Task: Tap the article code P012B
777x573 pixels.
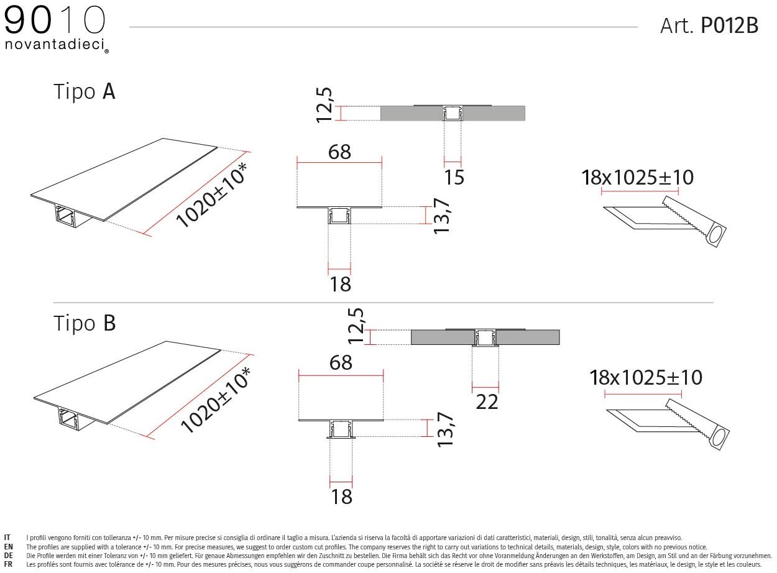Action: pyautogui.click(x=730, y=25)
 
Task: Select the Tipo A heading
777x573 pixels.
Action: pyautogui.click(x=85, y=92)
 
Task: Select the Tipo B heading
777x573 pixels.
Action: pyautogui.click(x=85, y=323)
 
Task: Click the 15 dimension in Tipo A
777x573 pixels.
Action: pyautogui.click(x=454, y=177)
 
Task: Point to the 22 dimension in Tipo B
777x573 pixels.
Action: pyautogui.click(x=487, y=402)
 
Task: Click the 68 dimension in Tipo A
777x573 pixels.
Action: pyautogui.click(x=339, y=152)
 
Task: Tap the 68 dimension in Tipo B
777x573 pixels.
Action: pyautogui.click(x=341, y=362)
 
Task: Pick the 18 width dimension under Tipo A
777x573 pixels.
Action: pyautogui.click(x=340, y=284)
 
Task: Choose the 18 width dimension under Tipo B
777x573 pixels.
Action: pyautogui.click(x=342, y=497)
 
